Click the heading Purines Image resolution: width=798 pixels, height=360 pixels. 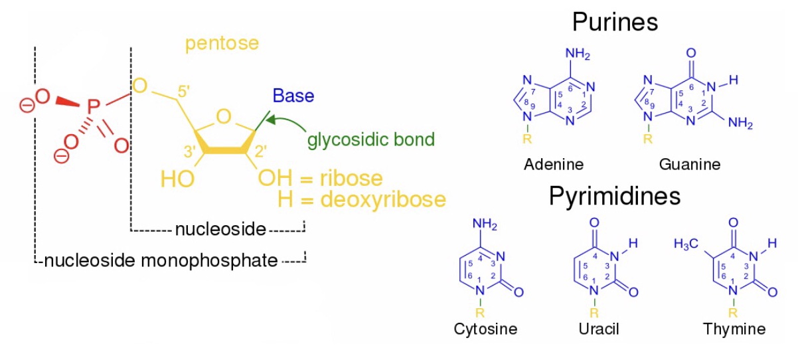[x=615, y=23]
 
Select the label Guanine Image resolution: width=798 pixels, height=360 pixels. [x=689, y=164]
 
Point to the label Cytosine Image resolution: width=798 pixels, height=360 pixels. [x=485, y=329]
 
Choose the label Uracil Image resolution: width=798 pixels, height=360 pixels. [x=598, y=329]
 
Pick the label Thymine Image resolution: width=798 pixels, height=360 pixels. [x=734, y=329]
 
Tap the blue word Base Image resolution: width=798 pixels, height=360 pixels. [x=293, y=96]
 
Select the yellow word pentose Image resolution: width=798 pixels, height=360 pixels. [x=222, y=45]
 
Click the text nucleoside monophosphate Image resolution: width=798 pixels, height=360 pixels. [x=160, y=260]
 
